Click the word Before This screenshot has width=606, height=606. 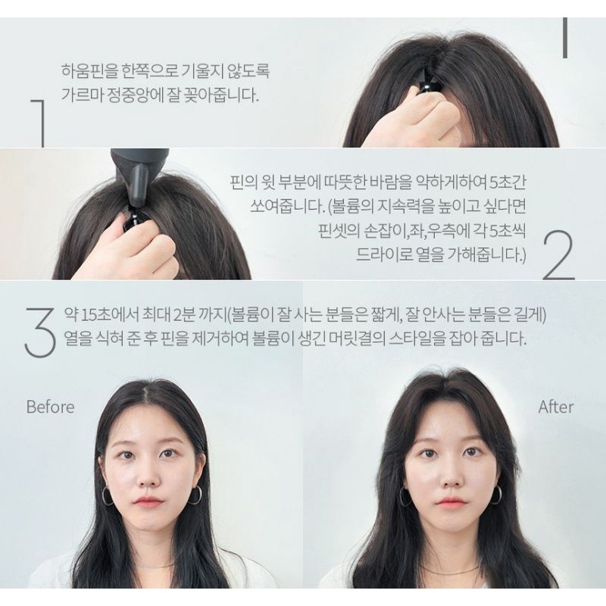[50, 407]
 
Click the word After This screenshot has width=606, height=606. [555, 407]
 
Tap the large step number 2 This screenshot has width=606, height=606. [559, 255]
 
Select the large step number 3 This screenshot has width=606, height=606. [40, 332]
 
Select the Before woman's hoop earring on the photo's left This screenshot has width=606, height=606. [107, 496]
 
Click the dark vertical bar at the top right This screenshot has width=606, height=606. [564, 38]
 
